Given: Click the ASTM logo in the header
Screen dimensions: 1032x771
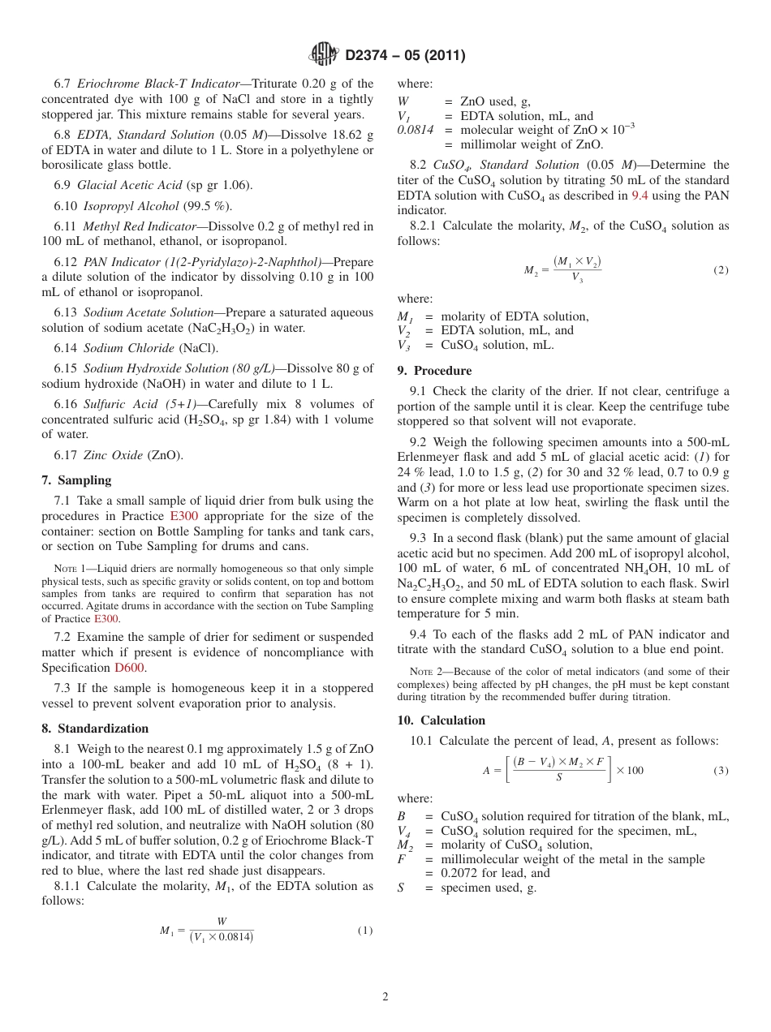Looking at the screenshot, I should click(x=323, y=55).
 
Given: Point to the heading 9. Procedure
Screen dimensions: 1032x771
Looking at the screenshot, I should click(x=434, y=371).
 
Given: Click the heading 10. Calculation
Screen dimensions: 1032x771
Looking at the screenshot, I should click(x=441, y=720).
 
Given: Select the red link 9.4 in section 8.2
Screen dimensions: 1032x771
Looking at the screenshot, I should click(x=640, y=196).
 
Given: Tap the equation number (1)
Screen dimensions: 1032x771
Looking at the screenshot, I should click(x=365, y=931).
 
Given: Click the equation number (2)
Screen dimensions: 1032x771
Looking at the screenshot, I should click(x=721, y=270).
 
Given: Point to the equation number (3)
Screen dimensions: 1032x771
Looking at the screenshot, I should click(x=721, y=770).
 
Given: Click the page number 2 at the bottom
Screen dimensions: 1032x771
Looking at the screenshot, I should click(x=385, y=997).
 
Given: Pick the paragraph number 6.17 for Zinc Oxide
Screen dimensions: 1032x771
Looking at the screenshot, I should click(x=66, y=455).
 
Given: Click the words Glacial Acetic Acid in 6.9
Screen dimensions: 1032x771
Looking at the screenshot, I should click(x=129, y=185).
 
